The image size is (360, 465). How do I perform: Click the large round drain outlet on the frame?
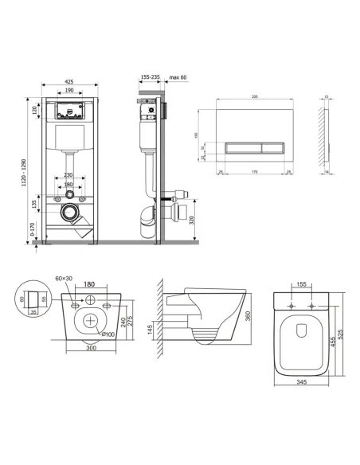point(70,213)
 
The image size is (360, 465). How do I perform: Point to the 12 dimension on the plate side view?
point(327,97)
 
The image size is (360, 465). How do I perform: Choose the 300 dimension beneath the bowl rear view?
point(91,349)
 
